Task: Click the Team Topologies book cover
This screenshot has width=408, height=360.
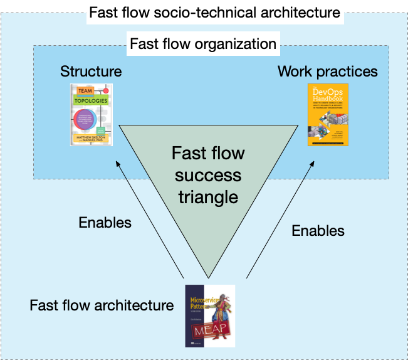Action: point(92,115)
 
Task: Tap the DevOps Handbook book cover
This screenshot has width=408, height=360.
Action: point(328,115)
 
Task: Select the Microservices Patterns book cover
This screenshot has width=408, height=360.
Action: point(209,315)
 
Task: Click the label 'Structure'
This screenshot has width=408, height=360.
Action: point(91,71)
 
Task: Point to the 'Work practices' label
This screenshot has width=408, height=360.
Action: point(328,71)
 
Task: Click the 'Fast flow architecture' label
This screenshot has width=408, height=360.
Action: point(102,305)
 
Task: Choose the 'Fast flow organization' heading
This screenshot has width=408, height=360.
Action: point(202,45)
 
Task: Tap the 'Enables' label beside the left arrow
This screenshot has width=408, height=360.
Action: point(105,222)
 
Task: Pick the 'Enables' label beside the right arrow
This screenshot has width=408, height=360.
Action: point(318,230)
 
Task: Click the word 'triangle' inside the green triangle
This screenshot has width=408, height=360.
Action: point(208,196)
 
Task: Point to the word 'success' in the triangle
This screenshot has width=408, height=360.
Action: point(208,175)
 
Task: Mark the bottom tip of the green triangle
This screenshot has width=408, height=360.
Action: point(207,277)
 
